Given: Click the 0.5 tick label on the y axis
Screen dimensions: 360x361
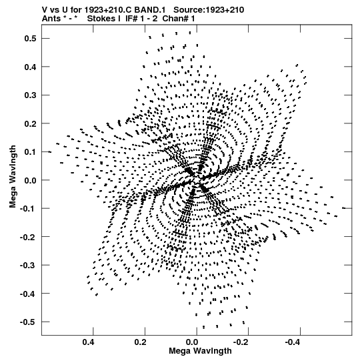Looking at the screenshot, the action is point(30,38).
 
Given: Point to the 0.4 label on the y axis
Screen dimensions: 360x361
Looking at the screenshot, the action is point(30,67).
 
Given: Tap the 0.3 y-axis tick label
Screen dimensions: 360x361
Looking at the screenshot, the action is point(30,95).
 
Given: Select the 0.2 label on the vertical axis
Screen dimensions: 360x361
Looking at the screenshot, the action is point(30,123).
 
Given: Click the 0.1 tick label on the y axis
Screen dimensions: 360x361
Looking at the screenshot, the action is point(30,152).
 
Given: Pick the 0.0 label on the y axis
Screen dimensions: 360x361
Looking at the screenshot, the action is point(30,180).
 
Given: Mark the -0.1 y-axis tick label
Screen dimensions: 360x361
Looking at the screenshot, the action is point(28,209).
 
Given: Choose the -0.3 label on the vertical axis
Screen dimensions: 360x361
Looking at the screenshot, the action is point(28,265).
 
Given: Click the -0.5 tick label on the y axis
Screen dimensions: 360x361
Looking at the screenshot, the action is point(28,322).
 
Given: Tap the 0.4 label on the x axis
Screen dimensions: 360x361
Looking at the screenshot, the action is point(88,342).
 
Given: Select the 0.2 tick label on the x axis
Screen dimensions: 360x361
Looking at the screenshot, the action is point(140,342).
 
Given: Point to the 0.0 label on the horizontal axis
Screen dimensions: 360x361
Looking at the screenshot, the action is point(192,342).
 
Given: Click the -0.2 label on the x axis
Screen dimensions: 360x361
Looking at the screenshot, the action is point(241,342).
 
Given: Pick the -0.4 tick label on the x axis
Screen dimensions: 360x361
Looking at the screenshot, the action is point(293,342).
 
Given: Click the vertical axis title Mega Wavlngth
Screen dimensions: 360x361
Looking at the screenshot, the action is point(13,177).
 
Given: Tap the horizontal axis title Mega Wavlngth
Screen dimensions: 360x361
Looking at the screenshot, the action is point(200,351).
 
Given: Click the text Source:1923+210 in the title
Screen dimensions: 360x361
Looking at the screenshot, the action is point(209,10).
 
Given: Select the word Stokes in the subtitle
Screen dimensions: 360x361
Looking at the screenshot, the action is point(104,19).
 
